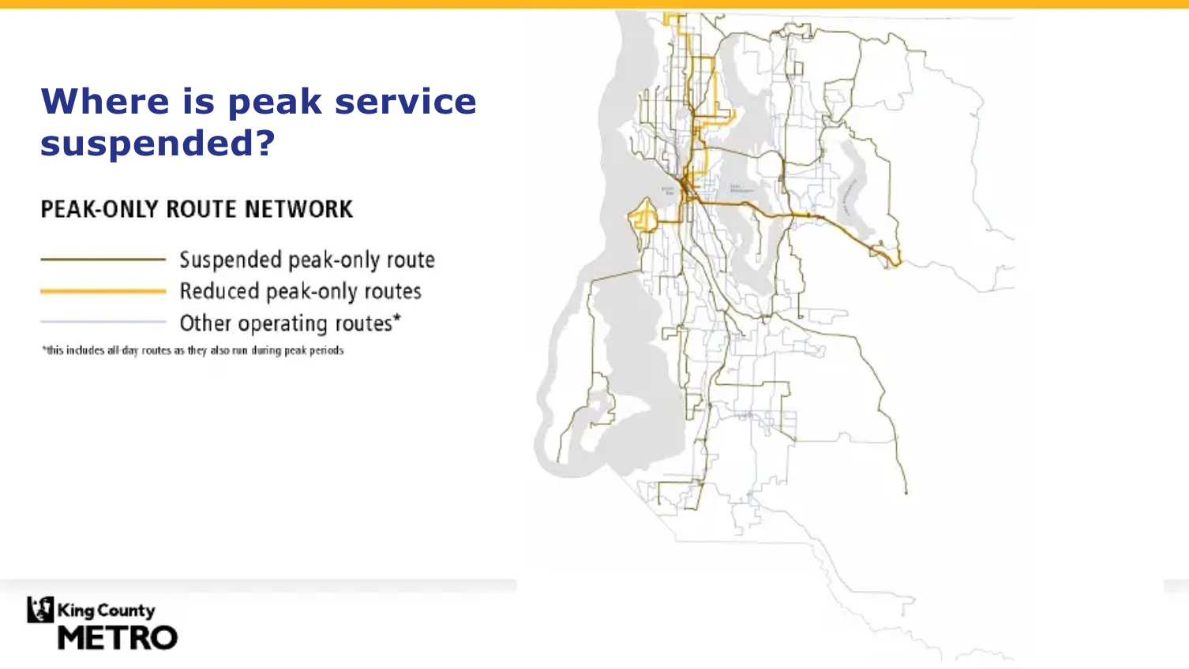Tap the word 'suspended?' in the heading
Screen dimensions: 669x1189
coord(158,144)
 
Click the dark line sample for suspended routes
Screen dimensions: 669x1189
coord(103,259)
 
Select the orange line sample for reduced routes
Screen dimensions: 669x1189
coord(103,291)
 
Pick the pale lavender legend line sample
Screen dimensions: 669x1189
coord(103,322)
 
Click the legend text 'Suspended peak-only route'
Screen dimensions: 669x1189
coord(307,260)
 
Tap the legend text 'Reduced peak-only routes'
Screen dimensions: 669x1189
coord(300,291)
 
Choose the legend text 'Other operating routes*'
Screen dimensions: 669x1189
coord(290,323)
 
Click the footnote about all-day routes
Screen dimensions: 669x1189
coord(193,350)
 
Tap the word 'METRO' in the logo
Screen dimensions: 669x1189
coord(118,637)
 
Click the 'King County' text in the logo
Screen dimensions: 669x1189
coord(106,610)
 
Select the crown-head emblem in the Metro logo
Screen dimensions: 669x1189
coord(40,610)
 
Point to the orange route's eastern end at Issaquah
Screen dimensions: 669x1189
coord(895,260)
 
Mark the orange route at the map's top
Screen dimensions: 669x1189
coord(676,17)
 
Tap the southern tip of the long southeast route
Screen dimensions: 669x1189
coord(906,492)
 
